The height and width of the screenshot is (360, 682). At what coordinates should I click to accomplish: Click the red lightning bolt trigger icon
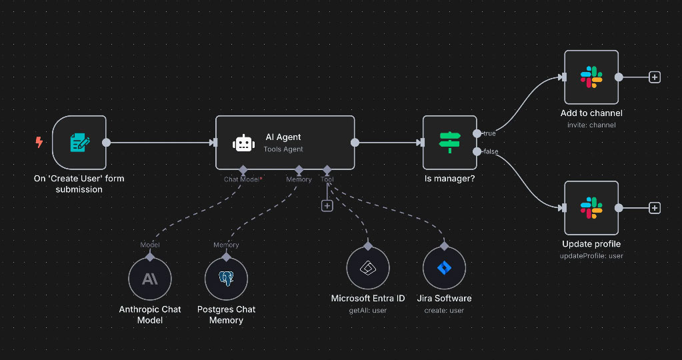(39, 142)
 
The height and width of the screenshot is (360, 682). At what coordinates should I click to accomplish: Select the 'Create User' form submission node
(79, 142)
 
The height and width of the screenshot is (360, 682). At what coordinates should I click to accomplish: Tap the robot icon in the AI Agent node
(243, 143)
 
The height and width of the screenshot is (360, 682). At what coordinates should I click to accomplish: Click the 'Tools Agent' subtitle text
(283, 149)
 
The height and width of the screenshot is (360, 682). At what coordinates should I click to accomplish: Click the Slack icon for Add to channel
(591, 77)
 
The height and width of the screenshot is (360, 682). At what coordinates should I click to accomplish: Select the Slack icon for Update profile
(591, 208)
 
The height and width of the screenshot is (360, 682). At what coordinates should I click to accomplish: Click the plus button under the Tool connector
(327, 206)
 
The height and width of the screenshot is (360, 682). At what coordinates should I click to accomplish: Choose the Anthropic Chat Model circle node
(149, 279)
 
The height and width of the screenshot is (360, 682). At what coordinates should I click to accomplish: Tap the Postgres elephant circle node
(226, 279)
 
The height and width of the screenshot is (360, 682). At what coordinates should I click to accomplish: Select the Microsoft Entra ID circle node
(367, 268)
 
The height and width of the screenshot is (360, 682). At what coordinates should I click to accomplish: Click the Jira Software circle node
(444, 268)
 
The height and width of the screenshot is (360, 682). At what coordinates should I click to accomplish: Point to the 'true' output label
(489, 134)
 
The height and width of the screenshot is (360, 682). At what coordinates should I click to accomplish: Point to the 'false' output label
(490, 152)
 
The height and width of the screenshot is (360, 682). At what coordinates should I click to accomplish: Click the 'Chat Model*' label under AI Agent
(243, 179)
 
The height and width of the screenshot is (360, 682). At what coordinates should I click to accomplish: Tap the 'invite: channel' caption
(591, 125)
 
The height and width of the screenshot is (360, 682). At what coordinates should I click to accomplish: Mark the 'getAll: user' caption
(367, 310)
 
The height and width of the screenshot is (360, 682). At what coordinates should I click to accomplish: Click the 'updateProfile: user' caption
(591, 255)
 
